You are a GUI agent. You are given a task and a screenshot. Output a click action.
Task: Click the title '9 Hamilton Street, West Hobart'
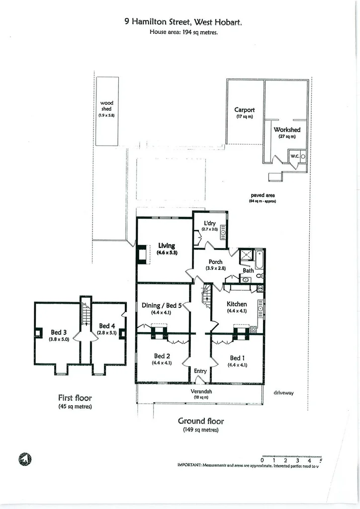tap(183, 22)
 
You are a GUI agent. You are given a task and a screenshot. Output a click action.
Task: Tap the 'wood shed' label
tap(106, 106)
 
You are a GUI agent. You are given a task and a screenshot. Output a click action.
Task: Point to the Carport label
tap(245, 110)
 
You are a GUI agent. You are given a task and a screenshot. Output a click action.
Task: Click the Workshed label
tap(287, 130)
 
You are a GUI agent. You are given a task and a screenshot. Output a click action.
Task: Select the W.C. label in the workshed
tap(294, 156)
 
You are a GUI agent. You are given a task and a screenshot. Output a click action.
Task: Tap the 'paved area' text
tap(263, 195)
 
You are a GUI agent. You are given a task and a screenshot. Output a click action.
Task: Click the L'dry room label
tap(210, 223)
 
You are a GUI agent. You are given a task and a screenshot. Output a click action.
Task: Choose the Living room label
tap(167, 246)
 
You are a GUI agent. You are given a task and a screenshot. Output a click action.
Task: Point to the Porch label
tap(215, 262)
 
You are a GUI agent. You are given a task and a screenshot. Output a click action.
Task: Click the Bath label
tap(248, 271)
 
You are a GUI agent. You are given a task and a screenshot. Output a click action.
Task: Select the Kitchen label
tap(237, 304)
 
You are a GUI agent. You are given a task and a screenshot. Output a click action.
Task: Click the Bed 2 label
tap(162, 356)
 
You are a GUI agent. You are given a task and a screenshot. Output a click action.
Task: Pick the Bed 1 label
tap(237, 358)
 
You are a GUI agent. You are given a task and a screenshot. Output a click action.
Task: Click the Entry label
tap(200, 371)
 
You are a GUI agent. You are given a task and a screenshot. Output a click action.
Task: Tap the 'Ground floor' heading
tap(201, 421)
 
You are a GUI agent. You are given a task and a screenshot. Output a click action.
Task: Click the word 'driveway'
tap(283, 393)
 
